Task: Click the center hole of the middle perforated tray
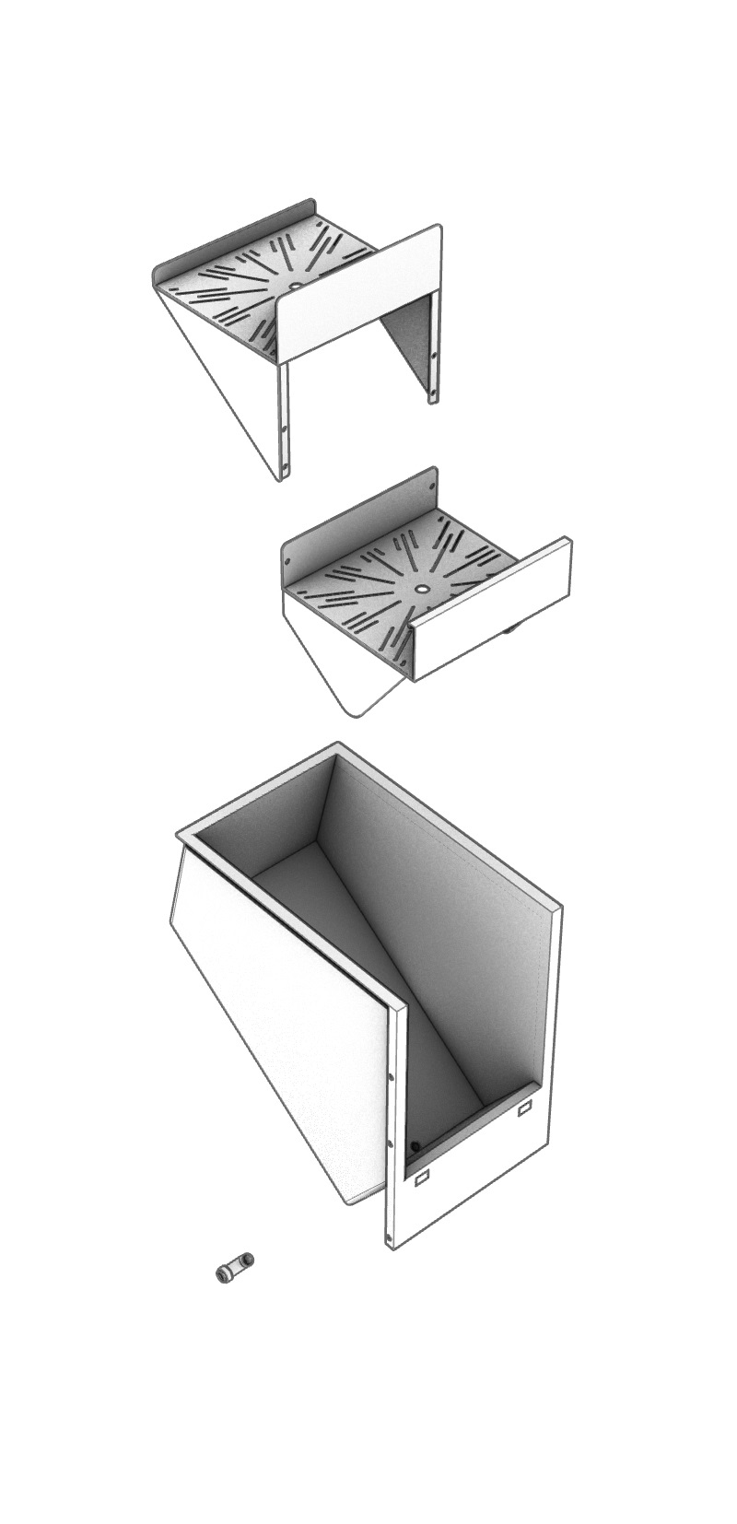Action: [x=421, y=587]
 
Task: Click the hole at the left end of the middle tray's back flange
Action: [x=288, y=559]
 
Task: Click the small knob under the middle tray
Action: [x=509, y=631]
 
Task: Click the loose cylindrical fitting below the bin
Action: [x=234, y=1268]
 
